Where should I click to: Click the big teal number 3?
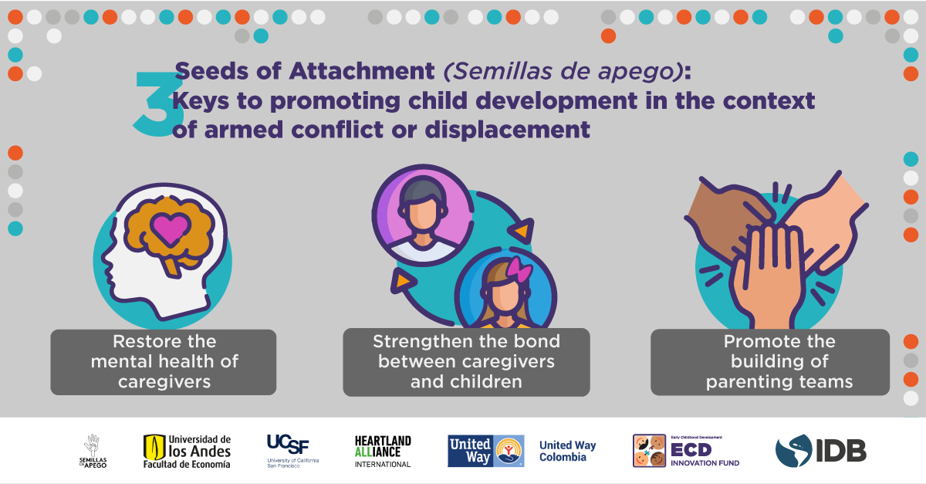point(158,103)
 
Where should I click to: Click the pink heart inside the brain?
point(170,228)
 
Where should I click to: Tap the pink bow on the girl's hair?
point(519,269)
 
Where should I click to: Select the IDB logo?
point(820,451)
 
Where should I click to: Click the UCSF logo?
point(292,451)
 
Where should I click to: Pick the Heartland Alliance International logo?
point(383,452)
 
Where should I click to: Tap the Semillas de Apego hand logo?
point(93,451)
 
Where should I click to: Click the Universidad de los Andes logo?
point(187,452)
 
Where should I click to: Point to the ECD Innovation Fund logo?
point(686,451)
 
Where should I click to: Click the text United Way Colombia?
point(568,451)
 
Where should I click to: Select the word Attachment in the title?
point(362,71)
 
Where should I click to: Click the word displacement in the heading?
point(507,130)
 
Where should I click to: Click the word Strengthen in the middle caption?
point(415,342)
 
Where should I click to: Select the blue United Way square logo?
point(485,451)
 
